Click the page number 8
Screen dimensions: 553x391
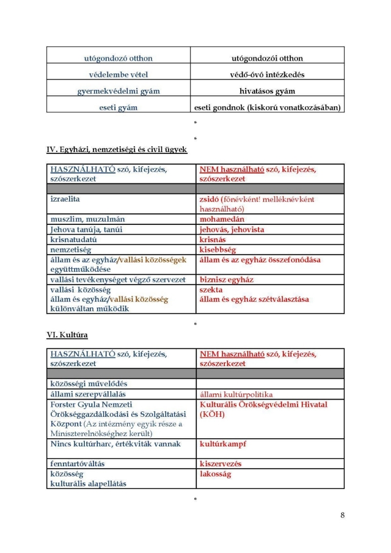point(343,515)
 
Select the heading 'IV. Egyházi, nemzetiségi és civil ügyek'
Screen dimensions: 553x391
point(117,149)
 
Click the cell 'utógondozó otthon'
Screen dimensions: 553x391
point(118,58)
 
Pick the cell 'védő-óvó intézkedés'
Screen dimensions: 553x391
point(267,75)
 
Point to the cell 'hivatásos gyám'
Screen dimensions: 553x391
point(267,91)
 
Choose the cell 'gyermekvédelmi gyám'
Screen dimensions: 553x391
point(118,91)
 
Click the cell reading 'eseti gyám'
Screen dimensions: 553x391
point(118,108)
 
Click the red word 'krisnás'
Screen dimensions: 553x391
point(213,240)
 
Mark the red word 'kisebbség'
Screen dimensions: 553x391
point(217,250)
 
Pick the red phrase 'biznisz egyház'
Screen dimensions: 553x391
point(227,280)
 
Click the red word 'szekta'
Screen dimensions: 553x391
point(211,290)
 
